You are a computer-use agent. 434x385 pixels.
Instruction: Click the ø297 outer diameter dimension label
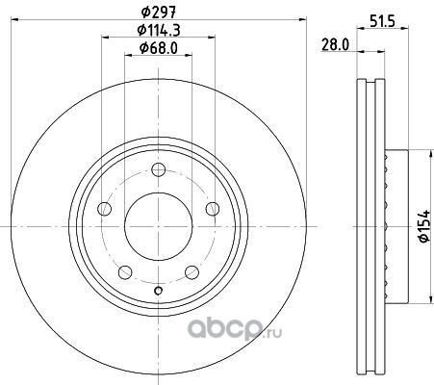point(159,12)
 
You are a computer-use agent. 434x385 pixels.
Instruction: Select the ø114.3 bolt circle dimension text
point(159,30)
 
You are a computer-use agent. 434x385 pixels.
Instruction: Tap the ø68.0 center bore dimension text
point(159,48)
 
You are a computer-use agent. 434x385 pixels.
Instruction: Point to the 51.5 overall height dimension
point(382,21)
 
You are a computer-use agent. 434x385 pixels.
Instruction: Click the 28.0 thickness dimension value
point(335,45)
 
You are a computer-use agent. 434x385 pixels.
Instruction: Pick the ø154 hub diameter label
point(423,226)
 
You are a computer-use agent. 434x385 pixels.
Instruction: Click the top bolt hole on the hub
point(159,169)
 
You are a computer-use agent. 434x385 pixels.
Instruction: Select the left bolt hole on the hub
point(104,209)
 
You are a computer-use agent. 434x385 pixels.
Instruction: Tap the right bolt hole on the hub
point(213,209)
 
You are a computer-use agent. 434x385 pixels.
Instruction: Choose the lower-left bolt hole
point(125,272)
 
